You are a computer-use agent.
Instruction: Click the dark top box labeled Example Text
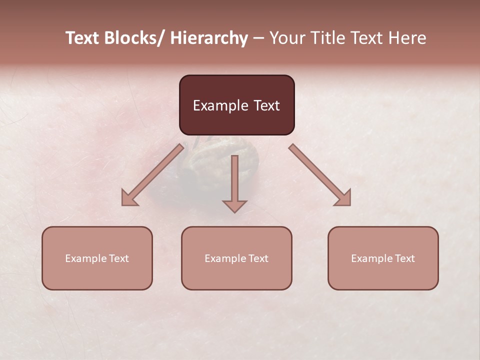click(236, 105)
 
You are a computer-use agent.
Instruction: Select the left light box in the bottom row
click(97, 258)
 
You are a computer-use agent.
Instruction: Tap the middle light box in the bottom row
click(236, 258)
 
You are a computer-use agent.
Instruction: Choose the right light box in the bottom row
click(383, 258)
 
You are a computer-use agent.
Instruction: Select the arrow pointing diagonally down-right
click(320, 175)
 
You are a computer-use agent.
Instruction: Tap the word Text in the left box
click(117, 258)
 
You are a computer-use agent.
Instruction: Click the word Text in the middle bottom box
click(257, 258)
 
